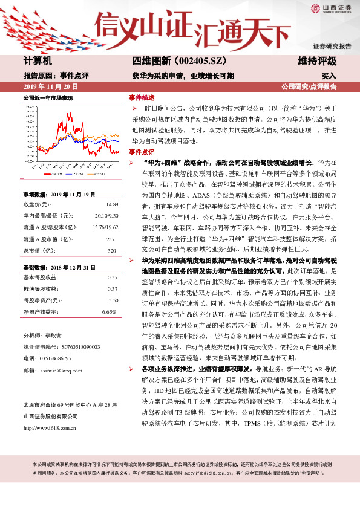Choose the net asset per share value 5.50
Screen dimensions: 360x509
click(x=113, y=300)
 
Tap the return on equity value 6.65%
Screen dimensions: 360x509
click(x=109, y=311)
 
